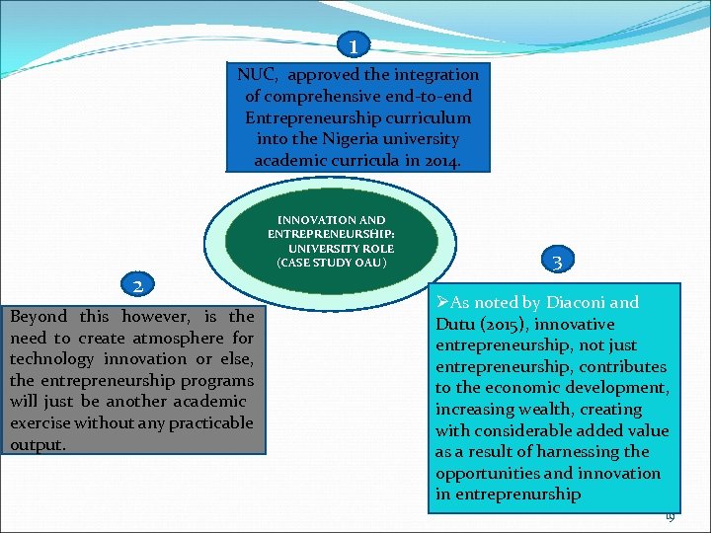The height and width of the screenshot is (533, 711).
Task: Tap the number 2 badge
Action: [141, 285]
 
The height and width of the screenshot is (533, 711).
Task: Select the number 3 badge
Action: [558, 262]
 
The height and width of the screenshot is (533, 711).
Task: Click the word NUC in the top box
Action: [256, 75]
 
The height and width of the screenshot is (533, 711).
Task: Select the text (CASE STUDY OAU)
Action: [332, 264]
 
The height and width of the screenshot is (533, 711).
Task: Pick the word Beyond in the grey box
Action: [39, 317]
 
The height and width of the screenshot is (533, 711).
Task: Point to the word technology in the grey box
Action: [49, 359]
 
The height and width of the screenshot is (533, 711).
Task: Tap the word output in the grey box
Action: [38, 445]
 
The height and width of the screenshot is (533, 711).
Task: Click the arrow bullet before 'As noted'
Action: [442, 302]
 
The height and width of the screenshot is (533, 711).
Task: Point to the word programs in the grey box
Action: [219, 381]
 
